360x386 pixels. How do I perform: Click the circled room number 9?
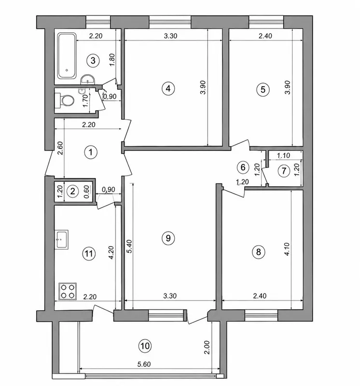[168, 238]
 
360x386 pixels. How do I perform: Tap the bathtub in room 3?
[67, 56]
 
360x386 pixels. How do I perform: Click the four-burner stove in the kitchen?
[68, 291]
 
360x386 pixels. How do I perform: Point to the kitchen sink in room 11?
[61, 239]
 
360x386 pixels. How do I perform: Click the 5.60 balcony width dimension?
[144, 364]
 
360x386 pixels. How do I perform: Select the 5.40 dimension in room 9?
[130, 247]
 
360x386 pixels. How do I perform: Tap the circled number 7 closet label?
[284, 171]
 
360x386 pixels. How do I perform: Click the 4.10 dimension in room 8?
[287, 249]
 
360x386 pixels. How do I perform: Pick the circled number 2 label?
[73, 191]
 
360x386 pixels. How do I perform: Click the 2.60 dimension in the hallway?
[61, 148]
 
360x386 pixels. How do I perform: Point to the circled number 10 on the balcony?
[145, 346]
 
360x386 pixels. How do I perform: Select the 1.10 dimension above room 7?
[283, 155]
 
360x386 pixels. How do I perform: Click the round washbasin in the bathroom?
[87, 79]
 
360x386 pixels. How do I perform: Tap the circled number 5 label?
[263, 89]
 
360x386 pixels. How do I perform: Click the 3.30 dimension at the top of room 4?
[170, 36]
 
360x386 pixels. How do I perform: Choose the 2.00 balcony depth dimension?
[207, 347]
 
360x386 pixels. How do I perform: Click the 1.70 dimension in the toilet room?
[85, 101]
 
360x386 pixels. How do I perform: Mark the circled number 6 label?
[243, 167]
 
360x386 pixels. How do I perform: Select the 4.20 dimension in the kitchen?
[111, 252]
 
